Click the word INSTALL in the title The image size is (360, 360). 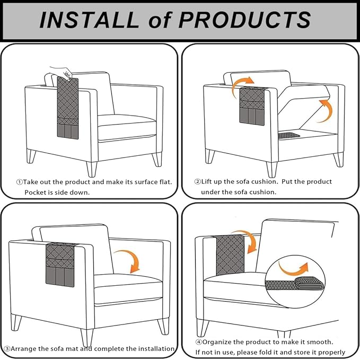click(89, 20)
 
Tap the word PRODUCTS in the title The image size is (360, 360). click(245, 20)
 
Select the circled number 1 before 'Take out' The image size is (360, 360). click(20, 182)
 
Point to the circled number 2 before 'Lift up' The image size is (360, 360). click(198, 182)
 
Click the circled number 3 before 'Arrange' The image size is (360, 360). click(7, 349)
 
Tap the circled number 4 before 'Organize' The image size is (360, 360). click(199, 342)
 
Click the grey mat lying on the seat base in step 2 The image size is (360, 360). click(288, 135)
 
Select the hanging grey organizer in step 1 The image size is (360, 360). click(68, 108)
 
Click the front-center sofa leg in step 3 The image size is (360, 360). click(87, 338)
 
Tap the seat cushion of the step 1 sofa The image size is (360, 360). click(127, 127)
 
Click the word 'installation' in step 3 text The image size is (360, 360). click(157, 349)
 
